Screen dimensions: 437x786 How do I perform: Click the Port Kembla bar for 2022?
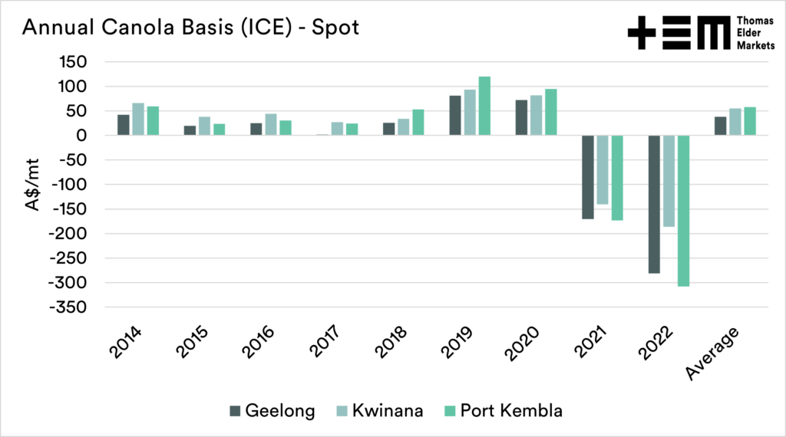tap(683, 211)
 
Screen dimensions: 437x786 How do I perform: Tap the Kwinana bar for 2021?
tap(603, 169)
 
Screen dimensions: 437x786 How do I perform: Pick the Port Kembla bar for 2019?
tap(484, 106)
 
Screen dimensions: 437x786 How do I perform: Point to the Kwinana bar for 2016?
tap(271, 124)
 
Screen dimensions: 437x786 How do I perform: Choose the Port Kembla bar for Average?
tap(750, 121)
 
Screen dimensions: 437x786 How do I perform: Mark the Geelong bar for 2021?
tap(588, 177)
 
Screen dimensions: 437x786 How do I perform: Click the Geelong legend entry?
tap(272, 411)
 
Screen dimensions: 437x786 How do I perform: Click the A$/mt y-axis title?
tap(33, 185)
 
